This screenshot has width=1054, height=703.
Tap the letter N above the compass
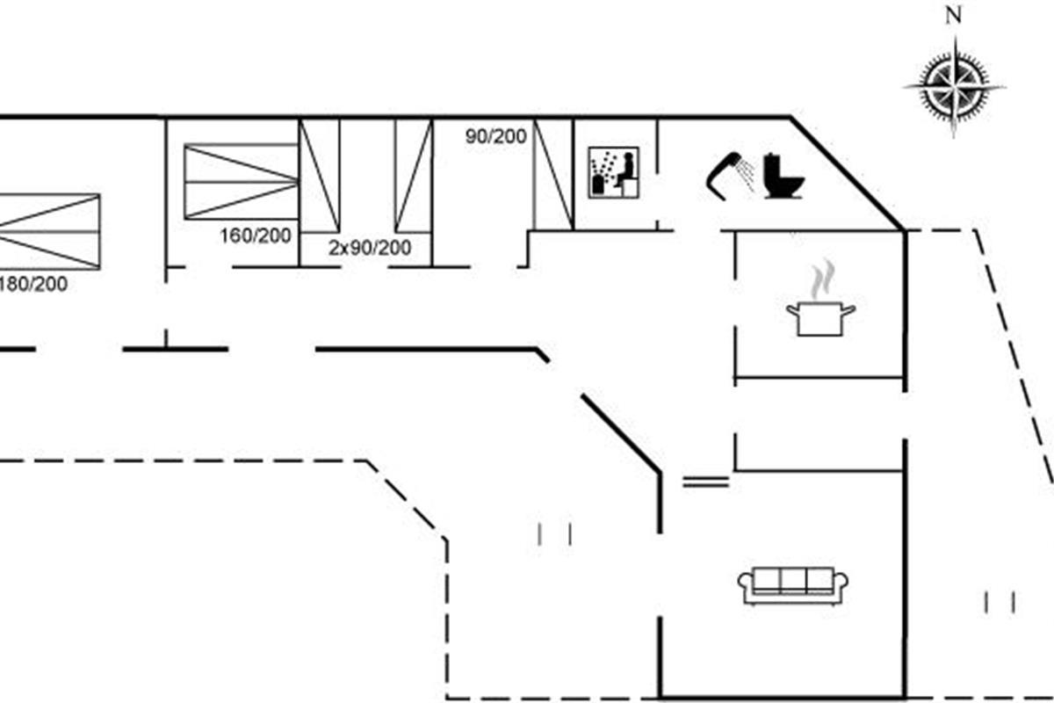(x=953, y=15)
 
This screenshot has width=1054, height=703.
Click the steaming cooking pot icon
(x=820, y=316)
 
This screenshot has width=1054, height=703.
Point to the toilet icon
(x=782, y=176)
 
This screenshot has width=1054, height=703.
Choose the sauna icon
(x=614, y=172)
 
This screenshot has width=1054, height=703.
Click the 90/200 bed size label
(x=495, y=136)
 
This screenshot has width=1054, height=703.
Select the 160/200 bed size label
(x=255, y=236)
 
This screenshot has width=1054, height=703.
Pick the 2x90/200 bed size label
(x=370, y=249)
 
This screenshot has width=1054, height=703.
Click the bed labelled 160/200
(x=241, y=181)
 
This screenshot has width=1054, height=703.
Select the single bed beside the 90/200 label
(x=553, y=174)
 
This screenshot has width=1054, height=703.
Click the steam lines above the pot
(x=820, y=279)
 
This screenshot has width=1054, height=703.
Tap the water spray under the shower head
(x=747, y=176)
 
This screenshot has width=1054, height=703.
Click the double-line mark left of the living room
(x=705, y=481)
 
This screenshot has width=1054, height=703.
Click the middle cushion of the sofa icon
(x=793, y=581)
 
